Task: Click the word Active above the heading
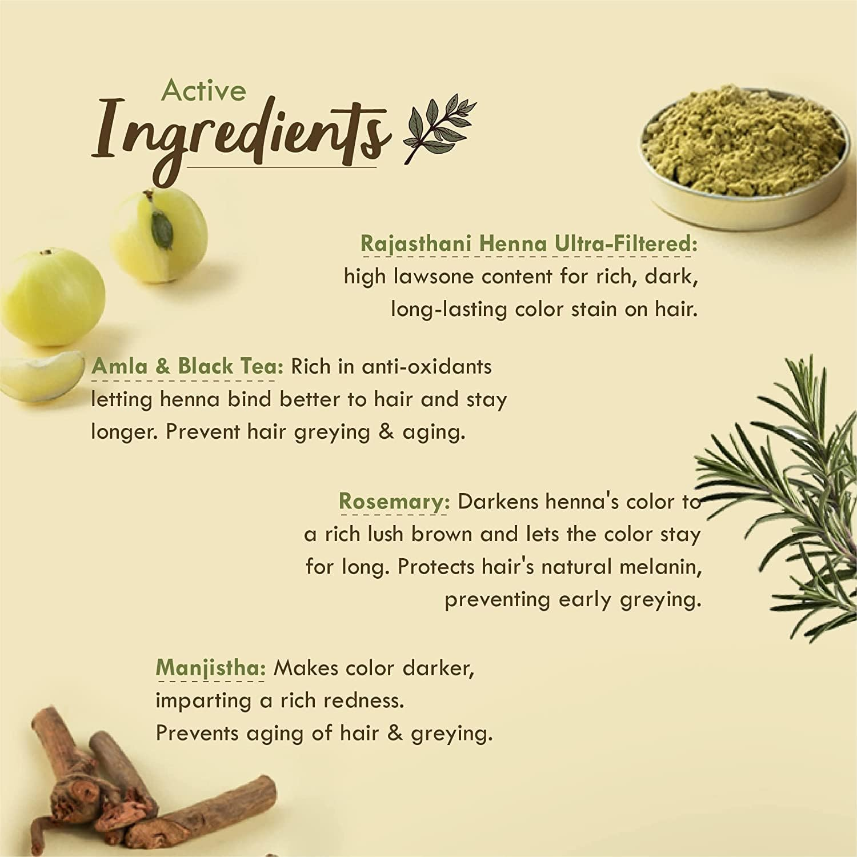pyautogui.click(x=203, y=90)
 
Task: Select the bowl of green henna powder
pyautogui.click(x=743, y=143)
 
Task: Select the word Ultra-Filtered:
pyautogui.click(x=626, y=244)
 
